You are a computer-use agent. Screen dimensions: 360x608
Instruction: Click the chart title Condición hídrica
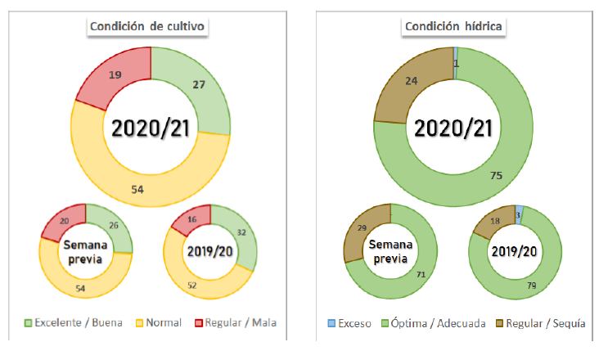[454, 27]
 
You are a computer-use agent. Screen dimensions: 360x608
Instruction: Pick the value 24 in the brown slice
[412, 82]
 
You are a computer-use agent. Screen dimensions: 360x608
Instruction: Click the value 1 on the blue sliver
[455, 63]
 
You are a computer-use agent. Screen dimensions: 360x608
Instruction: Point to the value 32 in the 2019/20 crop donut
[240, 232]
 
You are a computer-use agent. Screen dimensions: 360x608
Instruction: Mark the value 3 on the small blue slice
[520, 214]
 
